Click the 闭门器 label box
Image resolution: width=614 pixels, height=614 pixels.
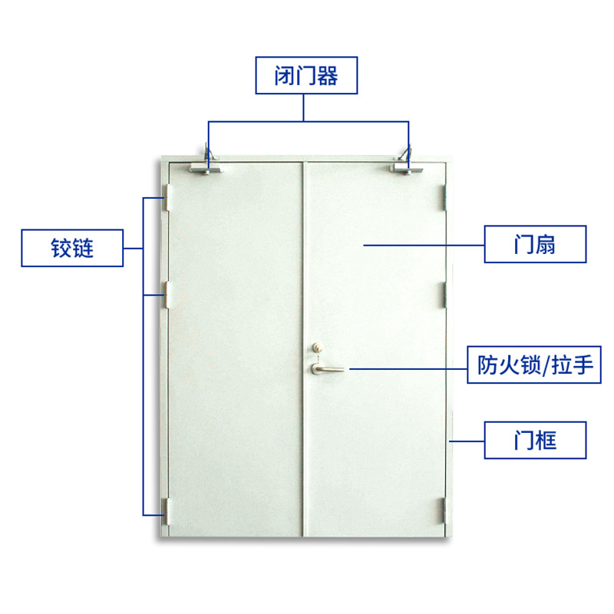coord(306,76)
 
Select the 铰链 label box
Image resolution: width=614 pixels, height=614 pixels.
coord(72,248)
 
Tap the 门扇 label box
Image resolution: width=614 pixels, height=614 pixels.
coord(534,245)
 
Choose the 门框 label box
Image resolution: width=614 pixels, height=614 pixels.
coord(534,440)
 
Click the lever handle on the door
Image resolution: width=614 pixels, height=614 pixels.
coord(326,370)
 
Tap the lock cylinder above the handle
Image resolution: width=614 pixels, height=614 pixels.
coord(316,349)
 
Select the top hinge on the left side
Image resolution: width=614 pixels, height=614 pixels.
coord(166,198)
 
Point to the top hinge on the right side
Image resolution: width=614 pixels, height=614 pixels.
coord(444,196)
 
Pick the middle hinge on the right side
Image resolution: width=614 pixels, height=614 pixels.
coord(444,294)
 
